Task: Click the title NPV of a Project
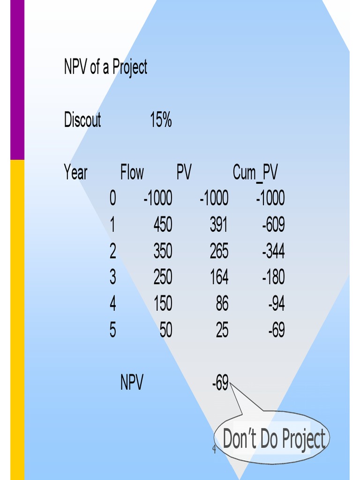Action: tap(105, 67)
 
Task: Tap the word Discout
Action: tap(82, 120)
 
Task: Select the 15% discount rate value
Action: tap(161, 120)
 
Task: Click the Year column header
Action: tap(75, 173)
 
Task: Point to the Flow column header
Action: tap(132, 173)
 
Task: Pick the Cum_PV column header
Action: tap(255, 173)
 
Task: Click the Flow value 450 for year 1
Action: tap(163, 225)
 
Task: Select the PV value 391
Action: tap(219, 225)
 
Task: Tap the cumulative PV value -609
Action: tap(273, 225)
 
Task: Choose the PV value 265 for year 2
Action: tap(219, 252)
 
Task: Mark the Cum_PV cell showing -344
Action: tap(273, 252)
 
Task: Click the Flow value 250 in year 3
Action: tap(163, 278)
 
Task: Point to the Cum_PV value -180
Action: tap(273, 278)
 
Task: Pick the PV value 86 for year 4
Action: tap(222, 304)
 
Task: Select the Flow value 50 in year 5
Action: tap(166, 330)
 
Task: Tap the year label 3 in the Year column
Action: tap(112, 278)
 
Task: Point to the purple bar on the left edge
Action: tap(17, 80)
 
